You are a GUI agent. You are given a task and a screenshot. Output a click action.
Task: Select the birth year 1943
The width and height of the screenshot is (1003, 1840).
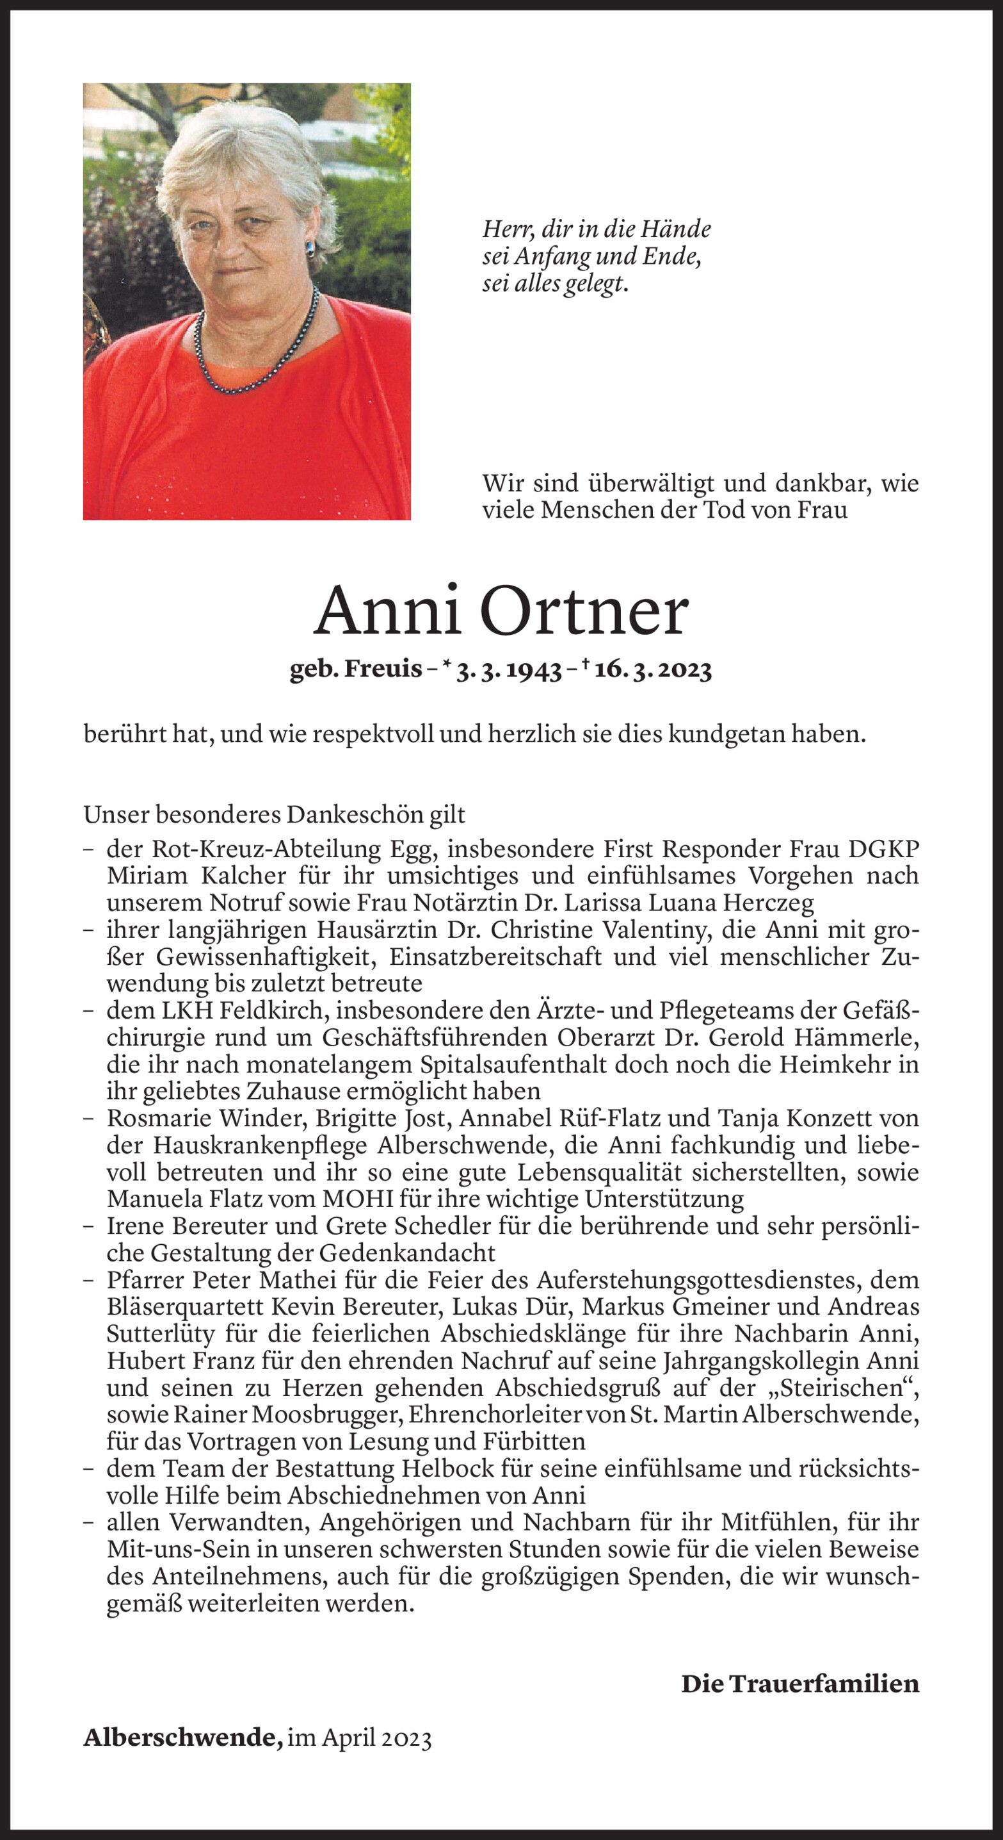click(534, 670)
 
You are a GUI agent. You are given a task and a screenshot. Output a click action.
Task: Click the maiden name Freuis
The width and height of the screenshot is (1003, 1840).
click(383, 669)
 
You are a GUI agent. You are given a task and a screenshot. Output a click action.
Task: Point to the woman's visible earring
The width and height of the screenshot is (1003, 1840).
click(310, 248)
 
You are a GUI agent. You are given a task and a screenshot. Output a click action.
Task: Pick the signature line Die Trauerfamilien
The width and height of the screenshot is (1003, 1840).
click(799, 1684)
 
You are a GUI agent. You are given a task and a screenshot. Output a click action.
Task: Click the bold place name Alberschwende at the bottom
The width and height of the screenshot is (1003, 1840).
click(183, 1737)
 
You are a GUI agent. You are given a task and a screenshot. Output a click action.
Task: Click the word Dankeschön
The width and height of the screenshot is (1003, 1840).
click(376, 814)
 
